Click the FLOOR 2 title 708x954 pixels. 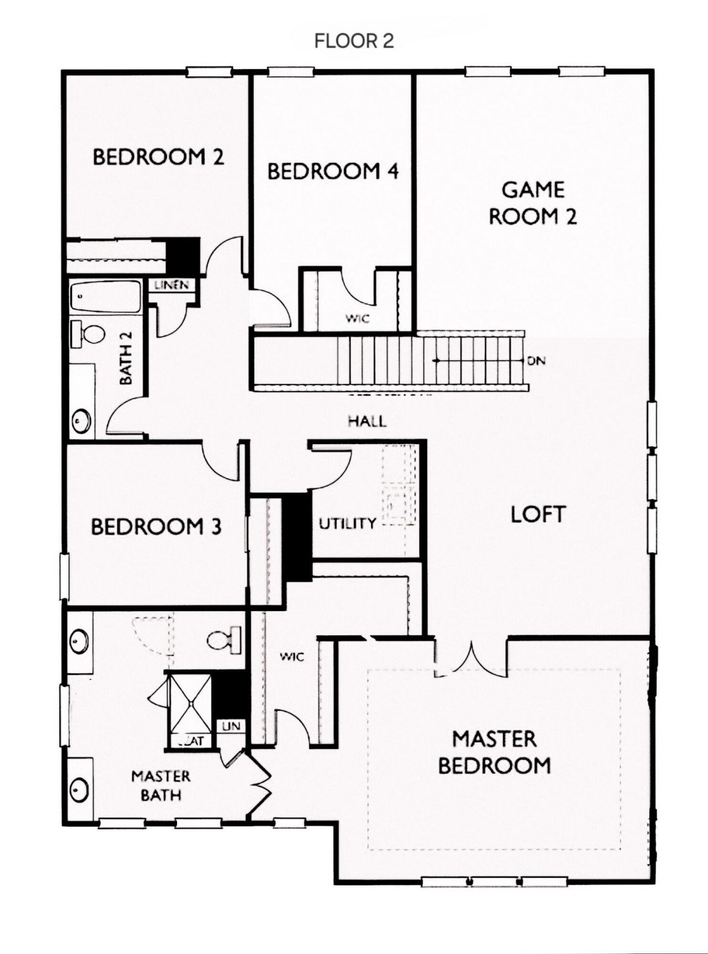tap(354, 41)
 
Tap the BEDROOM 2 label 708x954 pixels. tap(158, 157)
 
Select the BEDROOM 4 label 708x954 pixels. tap(333, 171)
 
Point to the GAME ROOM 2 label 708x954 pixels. tap(533, 203)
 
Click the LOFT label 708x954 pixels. tap(538, 514)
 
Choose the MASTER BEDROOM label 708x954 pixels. tap(494, 752)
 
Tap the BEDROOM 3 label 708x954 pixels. tap(156, 526)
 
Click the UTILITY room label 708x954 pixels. tap(347, 523)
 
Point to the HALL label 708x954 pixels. tap(367, 421)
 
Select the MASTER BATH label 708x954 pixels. tap(160, 785)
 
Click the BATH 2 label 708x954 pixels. tap(127, 365)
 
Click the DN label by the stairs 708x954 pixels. tap(536, 361)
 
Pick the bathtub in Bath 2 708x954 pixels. tap(105, 297)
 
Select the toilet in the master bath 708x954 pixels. tap(224, 640)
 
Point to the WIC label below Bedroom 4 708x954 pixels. tap(357, 319)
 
